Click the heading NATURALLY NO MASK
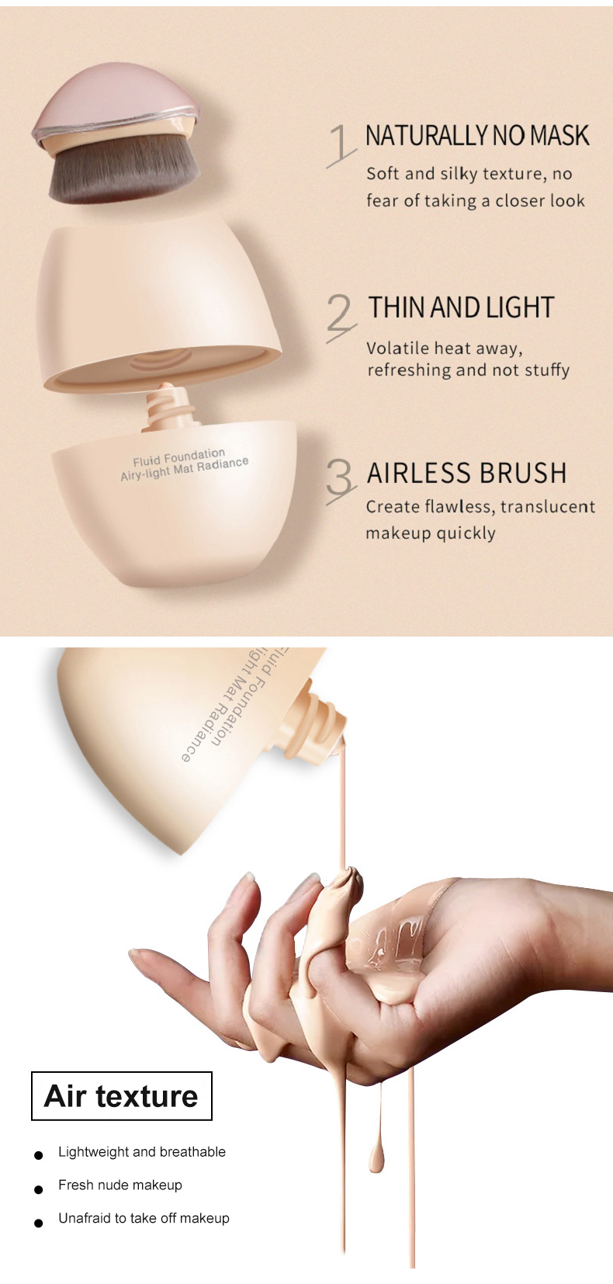[x=477, y=136]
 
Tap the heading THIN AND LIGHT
[x=461, y=308]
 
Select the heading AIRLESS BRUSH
[x=466, y=474]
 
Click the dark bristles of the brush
[x=123, y=172]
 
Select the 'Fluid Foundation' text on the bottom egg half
[x=178, y=457]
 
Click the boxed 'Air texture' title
[x=122, y=1095]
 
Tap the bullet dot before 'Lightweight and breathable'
[x=38, y=1155]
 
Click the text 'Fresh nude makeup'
[x=120, y=1185]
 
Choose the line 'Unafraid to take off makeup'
[x=144, y=1218]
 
